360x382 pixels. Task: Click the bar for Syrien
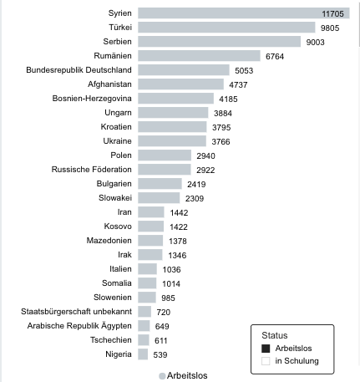click(244, 13)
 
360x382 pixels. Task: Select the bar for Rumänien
click(199, 56)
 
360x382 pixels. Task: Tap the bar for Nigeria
click(143, 354)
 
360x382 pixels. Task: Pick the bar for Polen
click(165, 155)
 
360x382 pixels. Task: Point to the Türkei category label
click(120, 28)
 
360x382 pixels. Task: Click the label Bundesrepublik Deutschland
click(79, 70)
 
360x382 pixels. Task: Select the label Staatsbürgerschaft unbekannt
click(76, 312)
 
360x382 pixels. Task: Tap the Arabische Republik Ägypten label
click(79, 326)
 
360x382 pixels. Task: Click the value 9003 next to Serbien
click(315, 42)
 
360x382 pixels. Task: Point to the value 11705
click(332, 13)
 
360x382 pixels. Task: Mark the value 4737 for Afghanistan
click(238, 84)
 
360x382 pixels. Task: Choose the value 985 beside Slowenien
click(168, 298)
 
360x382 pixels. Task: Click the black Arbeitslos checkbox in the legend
click(266, 349)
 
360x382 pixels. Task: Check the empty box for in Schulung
click(266, 361)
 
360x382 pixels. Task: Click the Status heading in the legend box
click(275, 335)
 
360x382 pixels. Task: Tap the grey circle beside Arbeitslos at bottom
click(162, 376)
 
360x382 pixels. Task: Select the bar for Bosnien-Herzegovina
click(175, 99)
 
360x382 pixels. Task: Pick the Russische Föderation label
click(92, 170)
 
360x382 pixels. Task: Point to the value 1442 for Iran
click(179, 212)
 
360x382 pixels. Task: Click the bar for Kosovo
click(151, 227)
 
